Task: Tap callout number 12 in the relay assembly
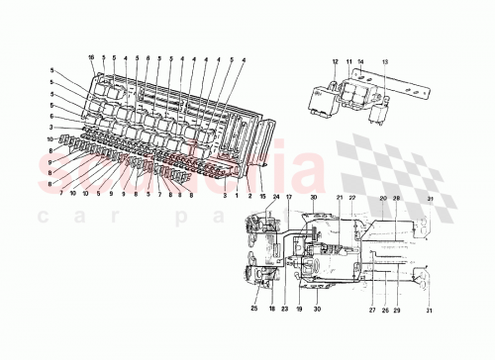pyautogui.click(x=335, y=61)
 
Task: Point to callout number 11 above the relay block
pyautogui.click(x=349, y=61)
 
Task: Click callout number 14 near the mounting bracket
pyautogui.click(x=362, y=61)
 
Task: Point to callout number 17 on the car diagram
pyautogui.click(x=290, y=198)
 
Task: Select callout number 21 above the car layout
pyautogui.click(x=338, y=198)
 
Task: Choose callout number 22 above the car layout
pyautogui.click(x=351, y=198)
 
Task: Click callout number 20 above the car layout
pyautogui.click(x=383, y=198)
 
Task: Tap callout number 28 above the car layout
pyautogui.click(x=397, y=198)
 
